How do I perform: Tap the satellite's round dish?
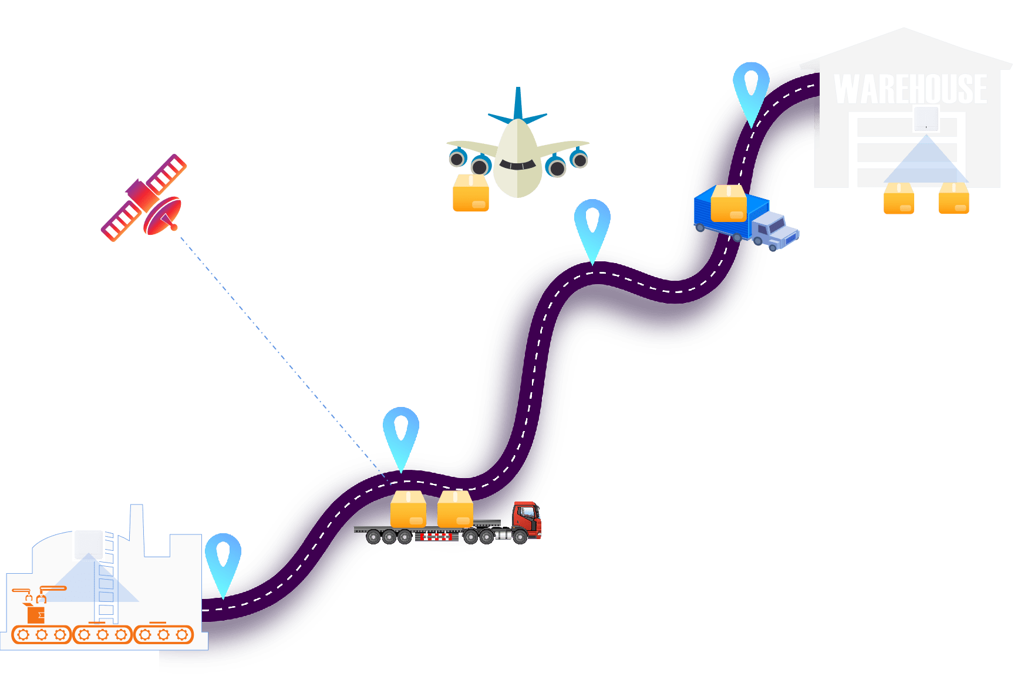(163, 216)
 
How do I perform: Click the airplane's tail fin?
(518, 105)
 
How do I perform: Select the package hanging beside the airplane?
(471, 193)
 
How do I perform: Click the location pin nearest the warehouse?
(751, 88)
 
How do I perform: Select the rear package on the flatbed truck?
(408, 510)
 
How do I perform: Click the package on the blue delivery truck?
(729, 203)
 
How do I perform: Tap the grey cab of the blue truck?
(776, 230)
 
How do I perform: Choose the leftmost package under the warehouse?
(899, 198)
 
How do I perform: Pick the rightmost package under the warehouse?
(954, 198)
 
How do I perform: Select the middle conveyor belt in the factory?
(102, 634)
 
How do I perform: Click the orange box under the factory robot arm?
(36, 614)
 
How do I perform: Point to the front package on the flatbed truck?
(455, 510)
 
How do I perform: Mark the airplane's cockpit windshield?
(517, 165)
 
